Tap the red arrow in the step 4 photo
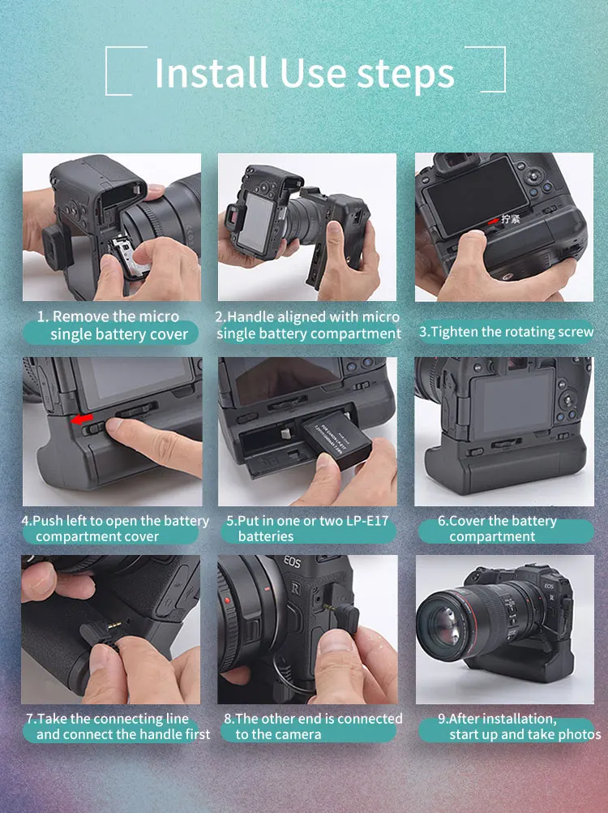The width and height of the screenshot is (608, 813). [x=81, y=419]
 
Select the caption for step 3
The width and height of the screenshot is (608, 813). [x=506, y=332]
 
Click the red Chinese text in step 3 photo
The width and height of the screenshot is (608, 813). [x=510, y=218]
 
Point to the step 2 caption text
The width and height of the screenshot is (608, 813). [x=308, y=325]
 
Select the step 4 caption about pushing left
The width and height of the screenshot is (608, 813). [x=114, y=528]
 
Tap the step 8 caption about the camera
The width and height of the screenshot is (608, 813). [x=312, y=726]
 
